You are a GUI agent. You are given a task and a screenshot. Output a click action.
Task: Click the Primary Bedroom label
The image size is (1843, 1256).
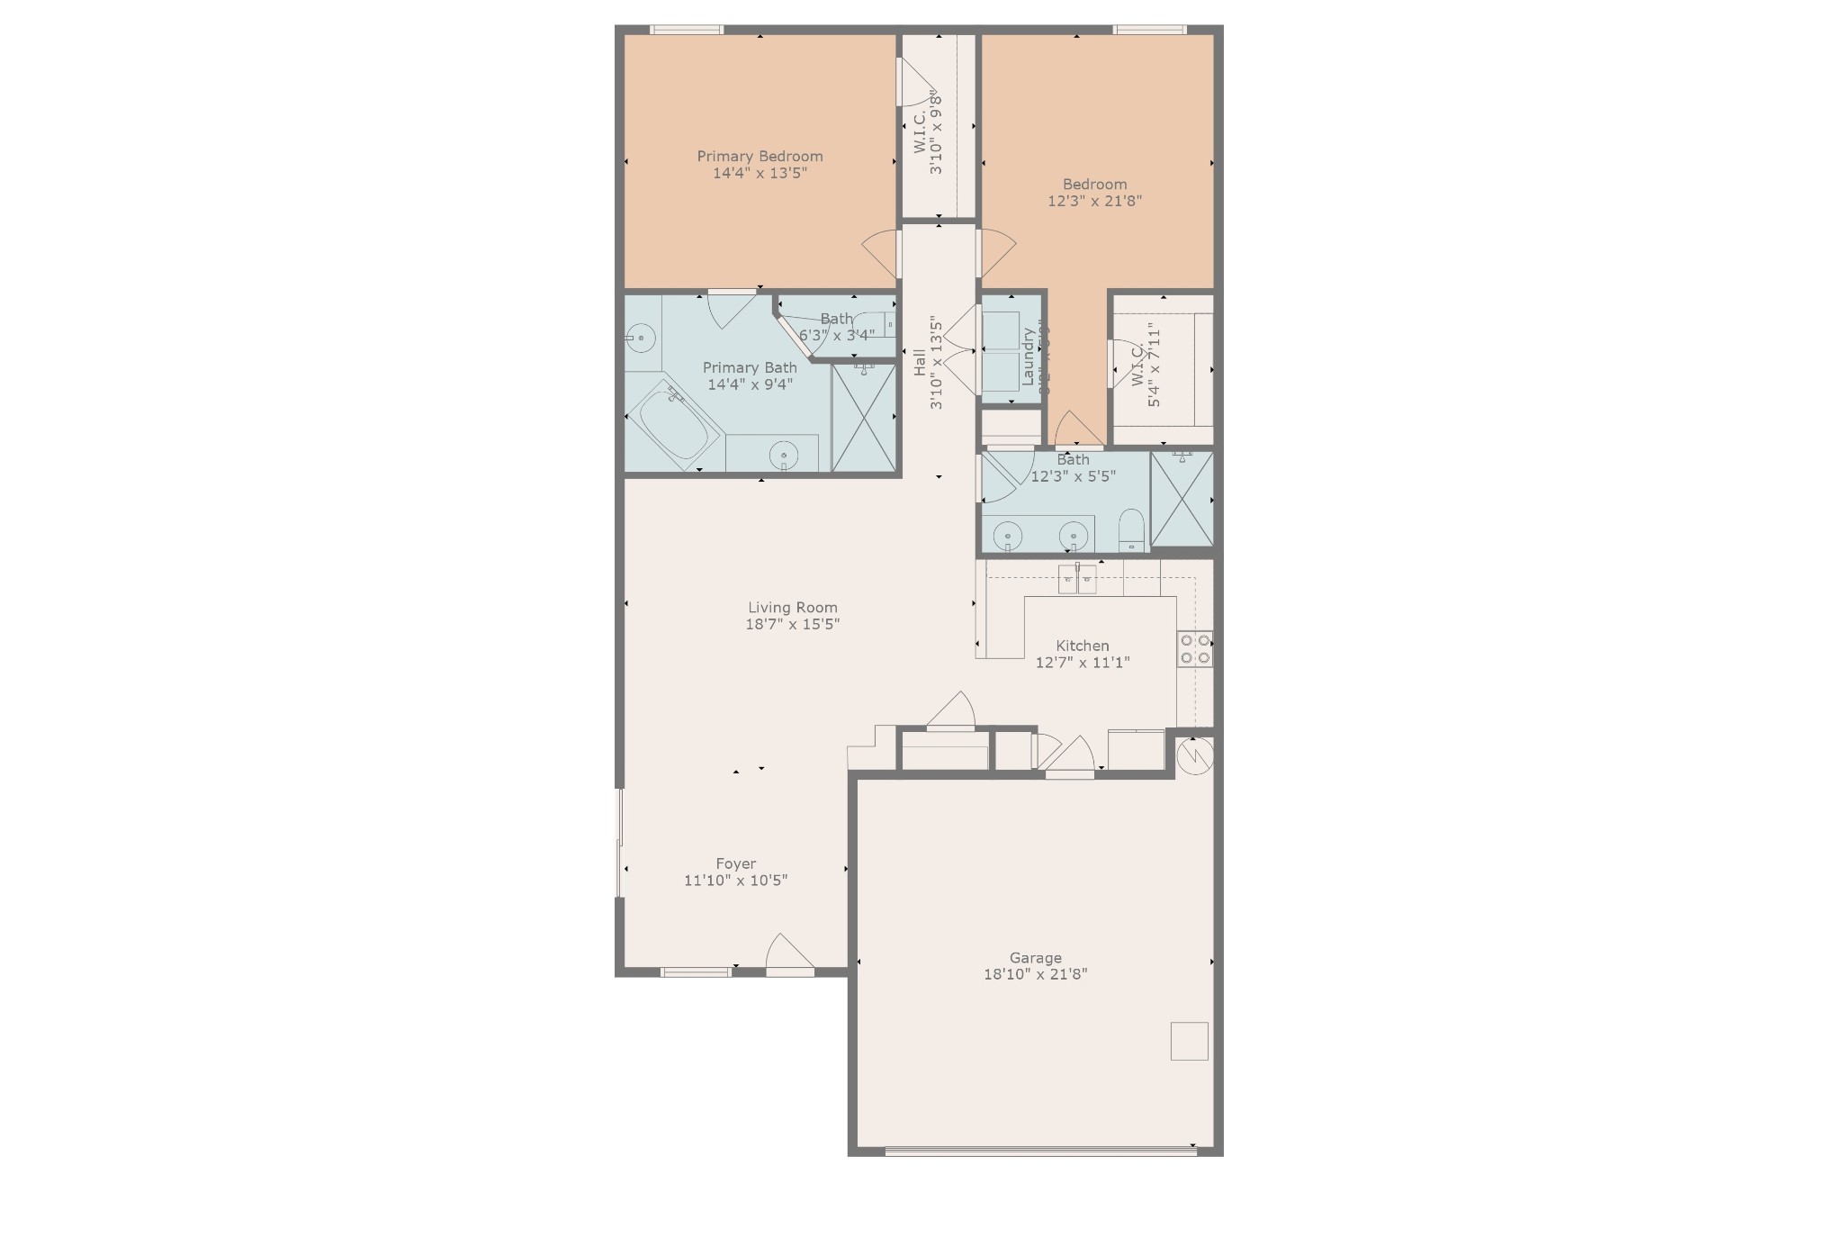[x=760, y=156]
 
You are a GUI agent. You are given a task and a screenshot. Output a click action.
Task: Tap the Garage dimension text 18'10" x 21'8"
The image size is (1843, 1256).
[x=1035, y=973]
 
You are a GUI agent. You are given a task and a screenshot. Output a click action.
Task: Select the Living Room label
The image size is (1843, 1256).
[x=792, y=608]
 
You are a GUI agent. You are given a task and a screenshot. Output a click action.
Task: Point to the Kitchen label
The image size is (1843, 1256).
[x=1082, y=646]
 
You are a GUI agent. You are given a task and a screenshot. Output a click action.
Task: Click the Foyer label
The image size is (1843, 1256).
[x=735, y=863]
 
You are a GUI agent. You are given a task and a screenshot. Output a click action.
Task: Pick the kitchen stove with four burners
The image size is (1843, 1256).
[x=1194, y=649]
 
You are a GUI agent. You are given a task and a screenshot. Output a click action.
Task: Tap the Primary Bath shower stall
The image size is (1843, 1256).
[x=863, y=417]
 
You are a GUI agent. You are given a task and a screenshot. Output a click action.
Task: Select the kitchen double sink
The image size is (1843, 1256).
[x=1077, y=578]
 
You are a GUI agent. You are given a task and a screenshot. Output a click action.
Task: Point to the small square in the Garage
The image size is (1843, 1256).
[x=1189, y=1041]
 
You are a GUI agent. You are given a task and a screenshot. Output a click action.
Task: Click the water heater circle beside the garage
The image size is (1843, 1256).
[x=1194, y=755]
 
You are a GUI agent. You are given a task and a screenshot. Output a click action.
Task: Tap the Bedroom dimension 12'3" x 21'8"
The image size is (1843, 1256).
[x=1094, y=201]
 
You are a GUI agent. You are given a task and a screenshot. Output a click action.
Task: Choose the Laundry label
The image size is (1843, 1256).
[x=1028, y=357]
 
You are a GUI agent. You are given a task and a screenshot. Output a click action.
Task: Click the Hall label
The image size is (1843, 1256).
[x=920, y=363]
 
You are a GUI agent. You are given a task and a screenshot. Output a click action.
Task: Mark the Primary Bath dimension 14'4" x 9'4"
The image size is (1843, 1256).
[x=750, y=384]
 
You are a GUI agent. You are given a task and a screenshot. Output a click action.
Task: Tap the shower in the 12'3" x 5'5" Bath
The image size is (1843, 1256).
[x=1182, y=499]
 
